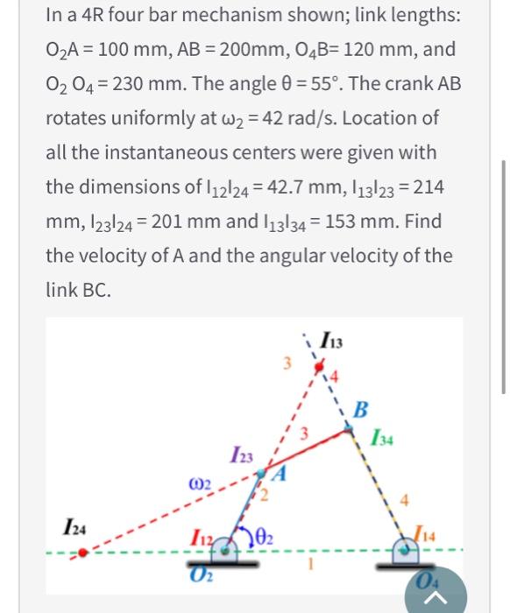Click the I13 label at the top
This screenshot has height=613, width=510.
pyautogui.click(x=334, y=337)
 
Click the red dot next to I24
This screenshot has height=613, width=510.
pyautogui.click(x=81, y=552)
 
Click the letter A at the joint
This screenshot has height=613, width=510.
pyautogui.click(x=279, y=476)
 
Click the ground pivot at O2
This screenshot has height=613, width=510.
pyautogui.click(x=229, y=550)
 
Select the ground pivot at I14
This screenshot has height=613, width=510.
pyautogui.click(x=410, y=550)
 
